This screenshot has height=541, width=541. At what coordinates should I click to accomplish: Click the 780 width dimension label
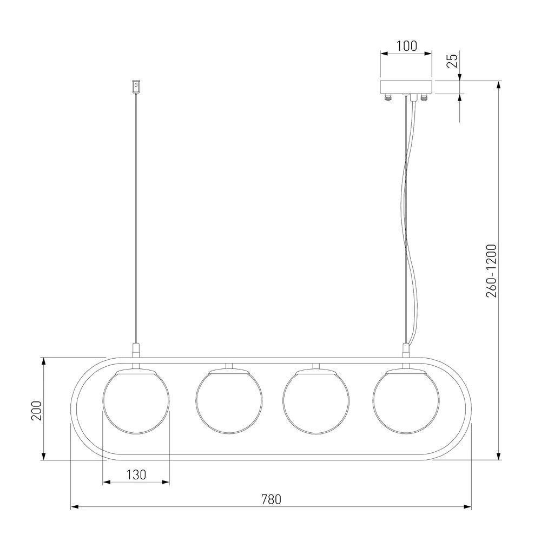(271, 499)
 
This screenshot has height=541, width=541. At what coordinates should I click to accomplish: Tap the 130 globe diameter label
(136, 475)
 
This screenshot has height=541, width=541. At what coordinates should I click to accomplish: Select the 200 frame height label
(37, 411)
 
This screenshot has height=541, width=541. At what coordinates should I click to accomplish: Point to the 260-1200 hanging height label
(491, 271)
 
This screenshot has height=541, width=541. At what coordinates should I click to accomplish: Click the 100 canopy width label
(406, 46)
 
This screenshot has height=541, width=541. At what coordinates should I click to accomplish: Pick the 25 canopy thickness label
(452, 61)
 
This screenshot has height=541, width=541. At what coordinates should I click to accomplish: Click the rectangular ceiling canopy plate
(406, 87)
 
